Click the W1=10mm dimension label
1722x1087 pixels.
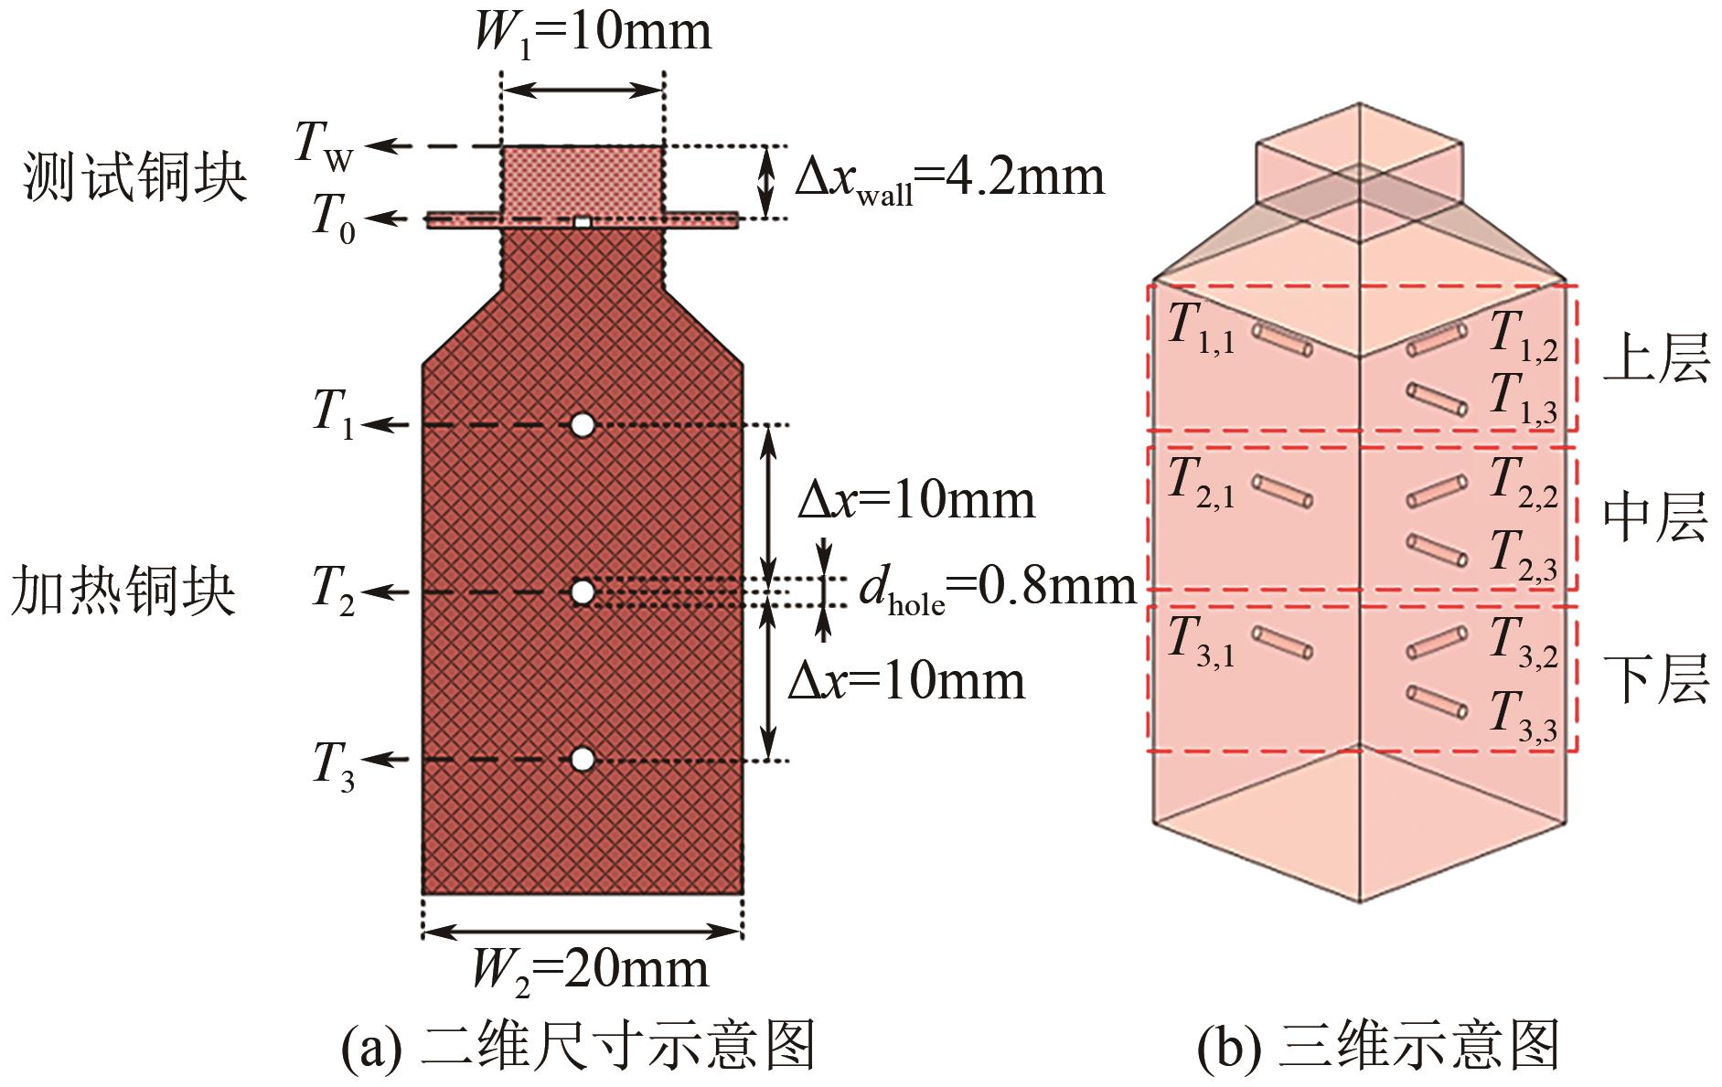click(x=592, y=33)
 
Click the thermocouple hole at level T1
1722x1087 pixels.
click(x=583, y=425)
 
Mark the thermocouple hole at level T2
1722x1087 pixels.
click(x=583, y=592)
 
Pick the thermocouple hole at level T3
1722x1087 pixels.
click(x=583, y=760)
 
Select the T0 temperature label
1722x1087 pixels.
click(x=333, y=220)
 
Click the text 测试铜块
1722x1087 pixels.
click(x=135, y=177)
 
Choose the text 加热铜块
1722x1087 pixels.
click(x=124, y=591)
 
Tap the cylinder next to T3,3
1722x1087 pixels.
click(x=1437, y=702)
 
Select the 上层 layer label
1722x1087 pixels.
click(x=1656, y=357)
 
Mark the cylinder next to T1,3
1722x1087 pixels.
click(x=1437, y=400)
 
